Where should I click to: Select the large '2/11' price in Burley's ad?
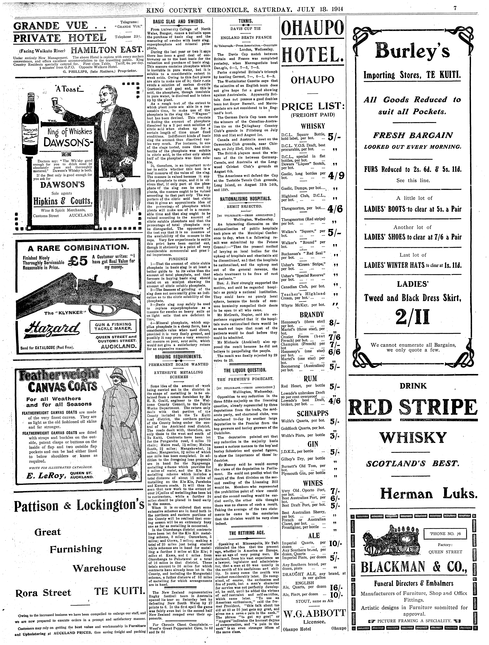413,317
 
